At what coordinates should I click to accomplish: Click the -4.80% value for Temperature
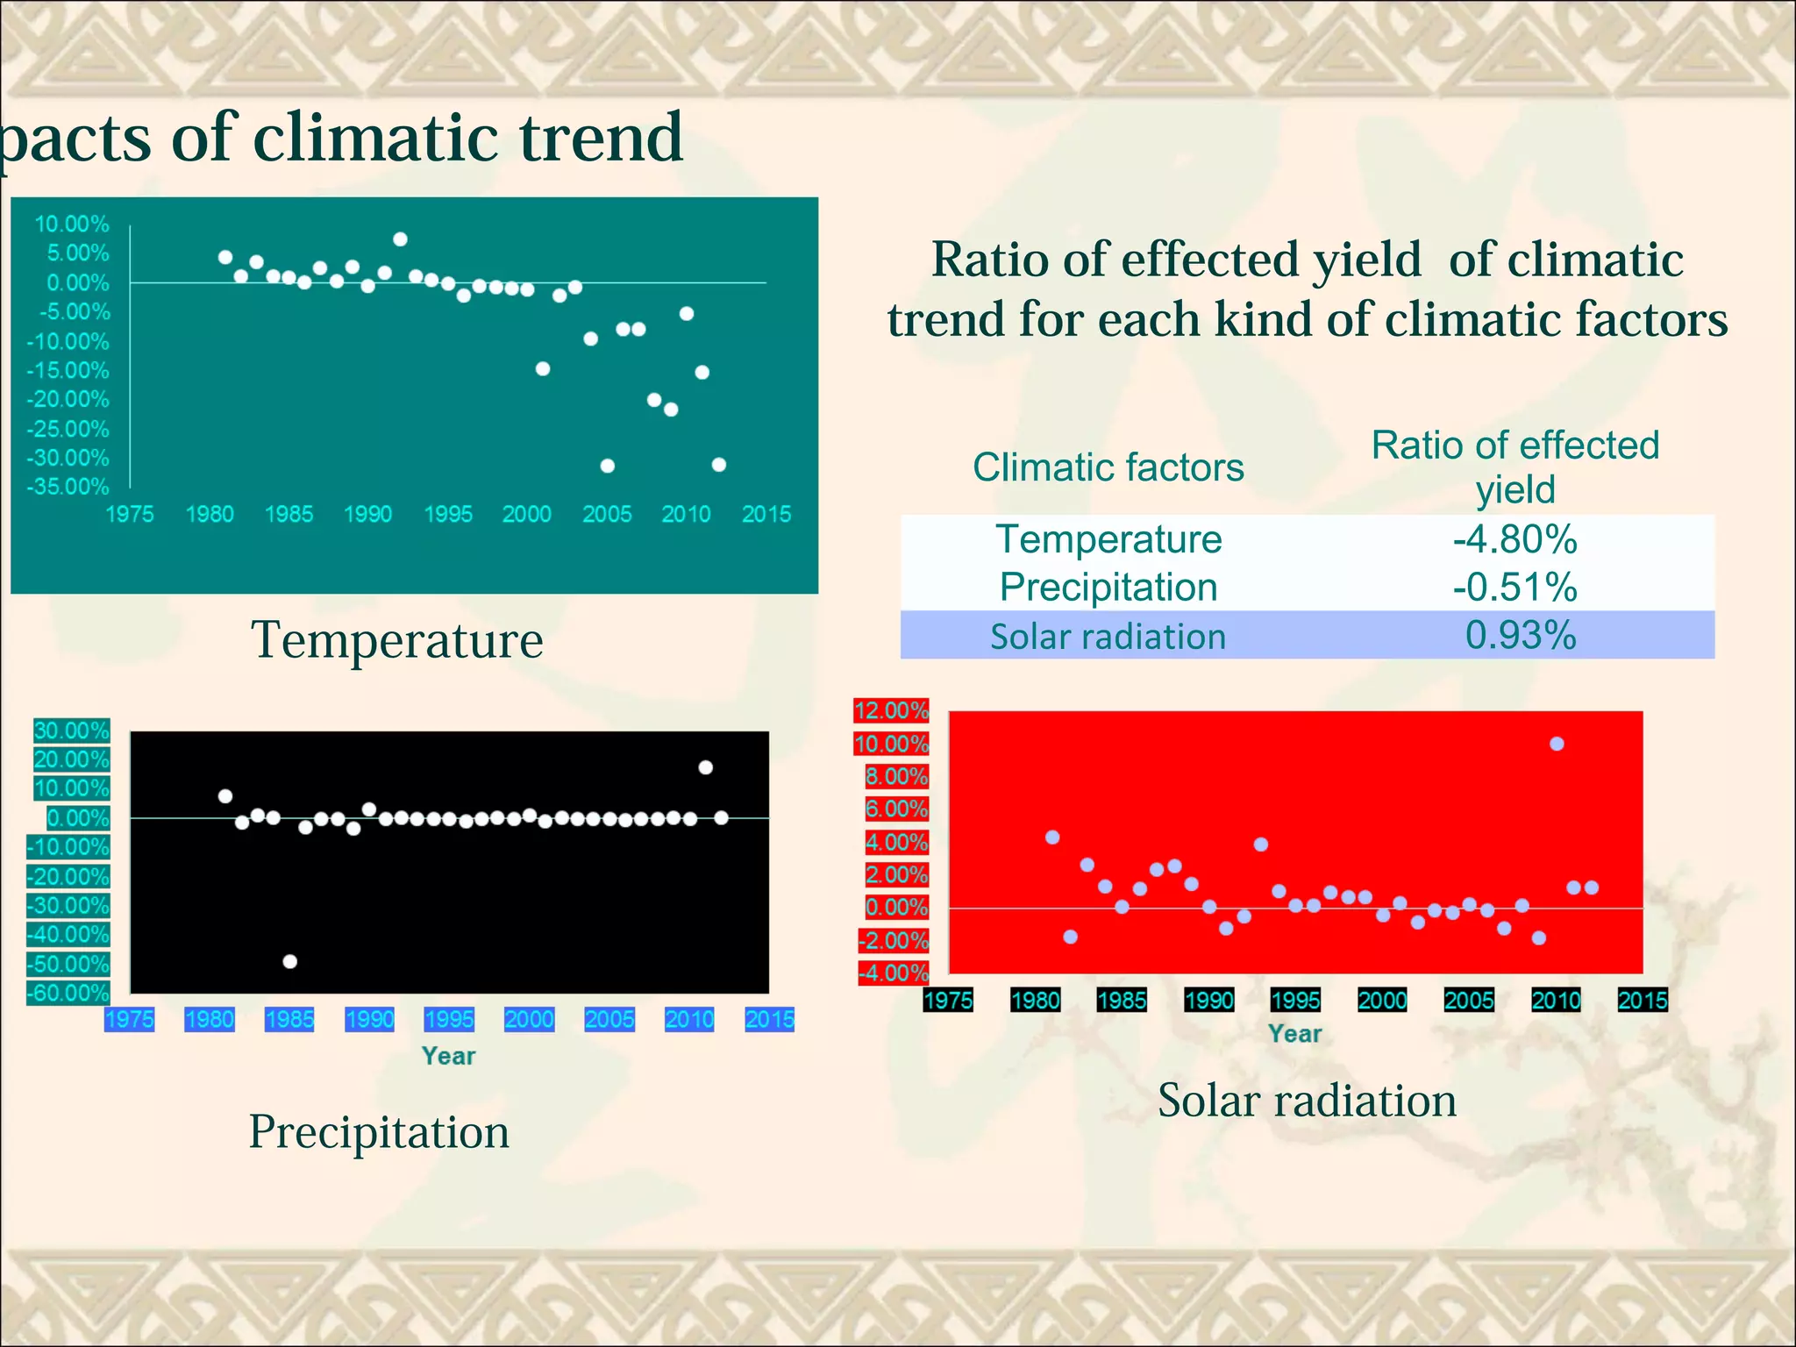[1514, 539]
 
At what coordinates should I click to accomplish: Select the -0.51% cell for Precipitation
[1514, 588]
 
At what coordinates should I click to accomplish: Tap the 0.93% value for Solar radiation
[1520, 636]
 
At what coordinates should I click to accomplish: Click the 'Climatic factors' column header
[1108, 467]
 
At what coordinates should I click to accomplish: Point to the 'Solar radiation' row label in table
[1108, 637]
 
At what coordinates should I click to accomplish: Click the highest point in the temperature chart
[400, 239]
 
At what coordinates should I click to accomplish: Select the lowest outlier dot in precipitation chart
[290, 961]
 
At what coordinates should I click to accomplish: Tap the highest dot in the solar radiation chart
[1557, 744]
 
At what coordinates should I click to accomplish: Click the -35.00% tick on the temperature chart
[68, 487]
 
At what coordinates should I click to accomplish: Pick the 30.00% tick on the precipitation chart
[71, 731]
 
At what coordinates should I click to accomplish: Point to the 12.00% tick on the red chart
[891, 710]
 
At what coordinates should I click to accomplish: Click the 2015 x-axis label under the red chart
[1642, 1000]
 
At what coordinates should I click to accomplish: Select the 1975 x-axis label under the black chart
[129, 1019]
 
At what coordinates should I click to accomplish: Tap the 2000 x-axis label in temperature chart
[526, 514]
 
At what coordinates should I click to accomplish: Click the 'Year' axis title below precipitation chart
[448, 1056]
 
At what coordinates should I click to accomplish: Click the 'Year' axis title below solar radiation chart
[1294, 1034]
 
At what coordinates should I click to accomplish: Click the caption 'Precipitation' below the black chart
[379, 1131]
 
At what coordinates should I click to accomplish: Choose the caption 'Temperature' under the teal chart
[396, 639]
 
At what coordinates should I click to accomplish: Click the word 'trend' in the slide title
[601, 138]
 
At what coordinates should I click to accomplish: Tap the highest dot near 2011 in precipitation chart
[705, 767]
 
